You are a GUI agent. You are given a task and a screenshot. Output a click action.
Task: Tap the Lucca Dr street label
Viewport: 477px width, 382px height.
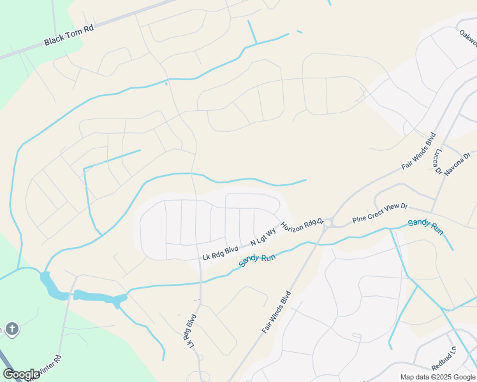point(437,162)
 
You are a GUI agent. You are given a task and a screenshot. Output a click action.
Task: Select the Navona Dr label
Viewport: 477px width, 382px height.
point(457,164)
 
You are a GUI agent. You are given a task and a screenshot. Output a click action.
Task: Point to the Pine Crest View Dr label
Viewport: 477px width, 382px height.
point(379,214)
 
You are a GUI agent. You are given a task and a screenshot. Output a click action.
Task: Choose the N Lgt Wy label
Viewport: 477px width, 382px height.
point(263,237)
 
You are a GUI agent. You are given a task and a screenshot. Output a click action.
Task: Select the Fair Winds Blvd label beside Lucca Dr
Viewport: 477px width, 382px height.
point(418,151)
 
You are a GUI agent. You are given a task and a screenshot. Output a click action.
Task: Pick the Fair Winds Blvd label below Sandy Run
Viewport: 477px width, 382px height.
point(276,313)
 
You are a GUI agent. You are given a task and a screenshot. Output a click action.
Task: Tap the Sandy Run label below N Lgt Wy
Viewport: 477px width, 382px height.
point(257,258)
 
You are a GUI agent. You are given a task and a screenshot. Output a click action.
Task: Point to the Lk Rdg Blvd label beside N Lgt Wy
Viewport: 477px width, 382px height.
point(220,253)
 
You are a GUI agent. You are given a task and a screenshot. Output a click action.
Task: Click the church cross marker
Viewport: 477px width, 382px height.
point(11,329)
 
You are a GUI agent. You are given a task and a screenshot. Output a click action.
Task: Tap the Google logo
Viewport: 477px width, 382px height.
point(22,374)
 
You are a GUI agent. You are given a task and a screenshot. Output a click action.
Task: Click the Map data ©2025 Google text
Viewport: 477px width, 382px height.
point(437,377)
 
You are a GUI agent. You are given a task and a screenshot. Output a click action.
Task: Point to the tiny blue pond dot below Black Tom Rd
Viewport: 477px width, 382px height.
point(166,83)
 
